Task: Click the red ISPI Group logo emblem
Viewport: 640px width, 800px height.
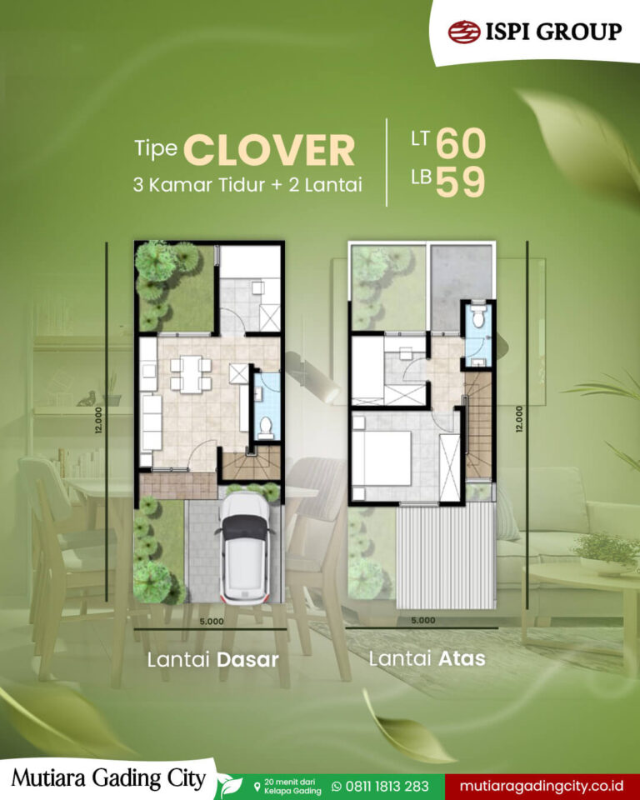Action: (464, 32)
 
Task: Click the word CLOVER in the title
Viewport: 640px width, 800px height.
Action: (269, 150)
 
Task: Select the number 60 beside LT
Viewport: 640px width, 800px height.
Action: (461, 143)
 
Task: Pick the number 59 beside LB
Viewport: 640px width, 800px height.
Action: (460, 182)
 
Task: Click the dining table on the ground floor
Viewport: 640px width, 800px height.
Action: (191, 374)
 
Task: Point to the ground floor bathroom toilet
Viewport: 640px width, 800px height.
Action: (266, 427)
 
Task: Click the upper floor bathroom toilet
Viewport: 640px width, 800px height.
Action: (478, 317)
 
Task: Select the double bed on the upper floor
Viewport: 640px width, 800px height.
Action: (382, 457)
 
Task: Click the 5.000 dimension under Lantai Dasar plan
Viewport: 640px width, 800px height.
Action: (212, 621)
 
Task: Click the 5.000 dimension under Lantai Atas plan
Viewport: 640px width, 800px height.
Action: (423, 620)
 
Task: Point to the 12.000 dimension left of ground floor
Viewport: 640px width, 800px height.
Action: (98, 420)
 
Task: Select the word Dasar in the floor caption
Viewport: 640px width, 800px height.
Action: (248, 660)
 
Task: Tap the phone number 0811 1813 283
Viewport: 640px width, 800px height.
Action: (387, 786)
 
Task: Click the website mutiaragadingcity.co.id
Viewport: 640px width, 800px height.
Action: (541, 786)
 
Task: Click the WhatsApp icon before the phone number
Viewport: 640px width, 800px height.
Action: (337, 786)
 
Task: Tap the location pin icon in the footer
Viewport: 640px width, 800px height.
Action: (257, 786)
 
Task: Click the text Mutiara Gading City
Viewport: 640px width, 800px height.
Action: (108, 779)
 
